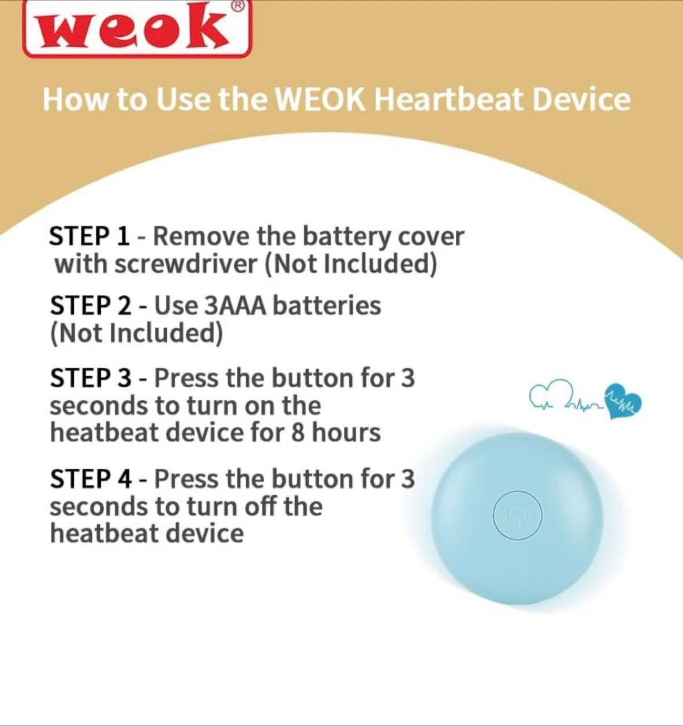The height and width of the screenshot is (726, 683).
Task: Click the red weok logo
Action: click(137, 29)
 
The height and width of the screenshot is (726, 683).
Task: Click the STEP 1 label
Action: click(90, 236)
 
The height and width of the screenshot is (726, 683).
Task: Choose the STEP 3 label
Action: click(91, 378)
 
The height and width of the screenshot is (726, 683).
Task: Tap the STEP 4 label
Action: click(91, 479)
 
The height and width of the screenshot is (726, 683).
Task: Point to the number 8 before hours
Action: click(298, 433)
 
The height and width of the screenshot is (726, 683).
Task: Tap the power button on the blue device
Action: click(518, 515)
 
